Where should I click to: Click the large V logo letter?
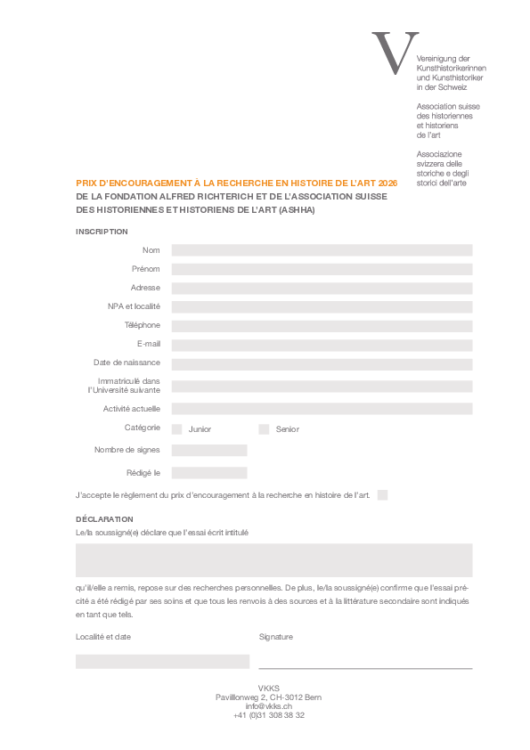point(395,53)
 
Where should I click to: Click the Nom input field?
point(322,250)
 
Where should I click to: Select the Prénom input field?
point(322,269)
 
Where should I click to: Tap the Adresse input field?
point(322,289)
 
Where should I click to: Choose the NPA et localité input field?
point(322,307)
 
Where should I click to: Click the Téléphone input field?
point(322,326)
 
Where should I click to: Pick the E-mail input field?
point(322,345)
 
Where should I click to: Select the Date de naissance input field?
point(322,364)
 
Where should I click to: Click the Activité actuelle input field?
point(322,410)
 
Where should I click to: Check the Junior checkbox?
point(176,429)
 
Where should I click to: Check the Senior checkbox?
point(264,429)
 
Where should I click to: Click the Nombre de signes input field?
point(209,451)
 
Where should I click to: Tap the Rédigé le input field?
point(209,473)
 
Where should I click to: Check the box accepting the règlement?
point(382,495)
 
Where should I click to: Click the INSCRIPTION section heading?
point(102,232)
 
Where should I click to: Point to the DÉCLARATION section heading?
point(104,519)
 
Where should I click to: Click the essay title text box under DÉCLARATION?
point(273,560)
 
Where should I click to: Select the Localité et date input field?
point(162,661)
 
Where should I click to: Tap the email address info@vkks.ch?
point(269,705)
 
